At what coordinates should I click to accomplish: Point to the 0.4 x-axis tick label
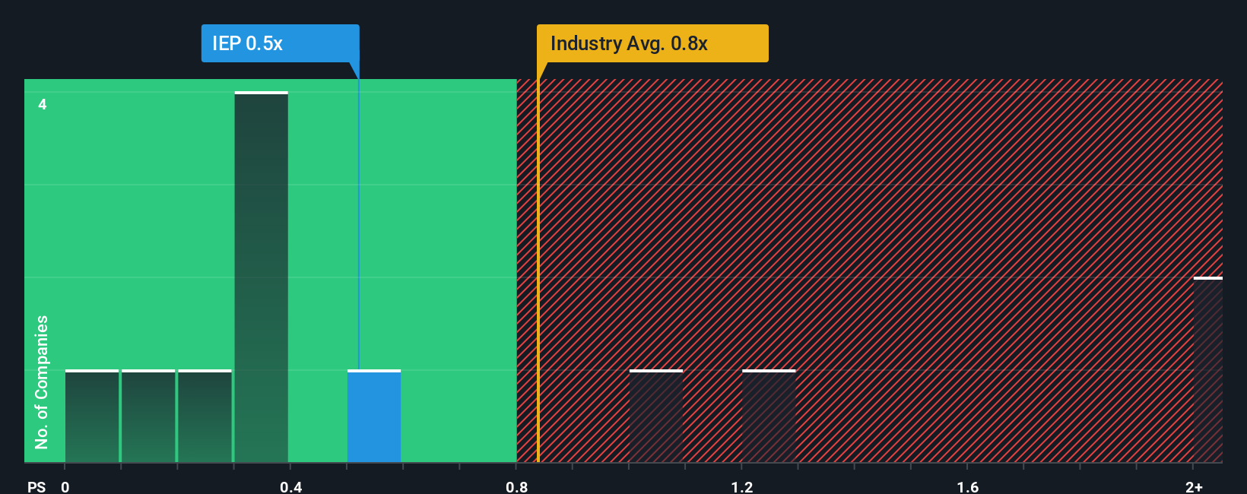coord(290,486)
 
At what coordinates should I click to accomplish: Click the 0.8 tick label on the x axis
coord(516,486)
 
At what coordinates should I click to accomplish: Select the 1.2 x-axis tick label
coord(742,486)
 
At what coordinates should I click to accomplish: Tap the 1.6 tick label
coord(968,486)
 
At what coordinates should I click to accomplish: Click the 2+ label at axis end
coord(1194,486)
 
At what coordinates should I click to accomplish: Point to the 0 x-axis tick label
coord(65,486)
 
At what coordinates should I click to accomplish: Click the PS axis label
coord(36,486)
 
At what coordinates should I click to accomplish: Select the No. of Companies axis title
coord(42,382)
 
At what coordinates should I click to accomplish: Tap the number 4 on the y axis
coord(43,104)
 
